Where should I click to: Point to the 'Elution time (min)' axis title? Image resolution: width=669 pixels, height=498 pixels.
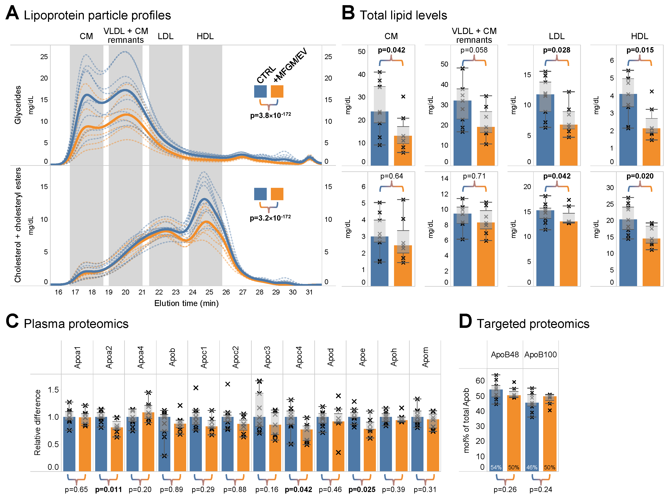[x=186, y=303]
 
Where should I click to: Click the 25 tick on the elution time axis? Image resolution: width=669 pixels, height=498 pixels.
[x=209, y=292]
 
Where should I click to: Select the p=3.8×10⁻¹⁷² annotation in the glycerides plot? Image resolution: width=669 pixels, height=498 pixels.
[x=270, y=115]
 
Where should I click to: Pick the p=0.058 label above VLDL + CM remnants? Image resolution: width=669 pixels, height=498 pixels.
[x=474, y=50]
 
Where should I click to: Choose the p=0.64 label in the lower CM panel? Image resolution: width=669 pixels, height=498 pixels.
[x=391, y=176]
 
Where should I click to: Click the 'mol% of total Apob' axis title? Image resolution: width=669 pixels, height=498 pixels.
[x=466, y=421]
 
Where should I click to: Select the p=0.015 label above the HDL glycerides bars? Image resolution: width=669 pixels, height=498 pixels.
[x=640, y=50]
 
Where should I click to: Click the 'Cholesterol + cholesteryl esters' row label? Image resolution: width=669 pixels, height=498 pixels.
[x=18, y=225]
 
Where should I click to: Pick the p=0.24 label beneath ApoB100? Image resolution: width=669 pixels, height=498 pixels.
[x=540, y=490]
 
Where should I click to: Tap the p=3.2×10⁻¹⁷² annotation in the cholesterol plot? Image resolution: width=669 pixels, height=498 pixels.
[x=270, y=218]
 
